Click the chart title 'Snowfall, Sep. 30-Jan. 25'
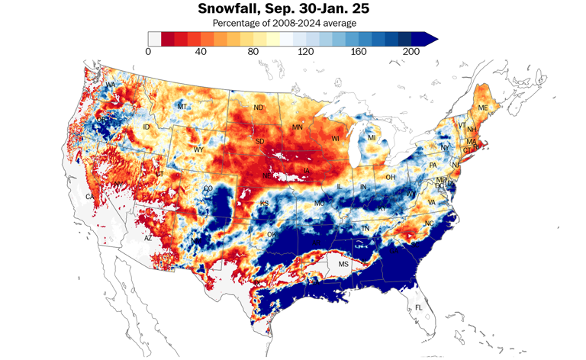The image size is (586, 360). (292, 9)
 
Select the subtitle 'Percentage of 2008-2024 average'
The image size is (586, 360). (292, 23)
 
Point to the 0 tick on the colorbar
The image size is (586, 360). (148, 51)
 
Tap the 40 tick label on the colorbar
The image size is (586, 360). (201, 51)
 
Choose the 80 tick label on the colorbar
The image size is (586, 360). (254, 51)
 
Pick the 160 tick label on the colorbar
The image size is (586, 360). (359, 51)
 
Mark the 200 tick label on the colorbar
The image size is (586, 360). (412, 51)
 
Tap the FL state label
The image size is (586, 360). (417, 307)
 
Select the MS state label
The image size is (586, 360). (343, 264)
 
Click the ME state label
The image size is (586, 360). (482, 108)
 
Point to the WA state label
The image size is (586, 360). (111, 85)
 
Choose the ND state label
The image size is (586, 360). (259, 108)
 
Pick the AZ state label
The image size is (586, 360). (149, 238)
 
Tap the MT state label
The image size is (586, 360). (182, 107)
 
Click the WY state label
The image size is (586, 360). (198, 149)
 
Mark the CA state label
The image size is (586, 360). (89, 198)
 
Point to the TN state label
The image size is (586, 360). (365, 228)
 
